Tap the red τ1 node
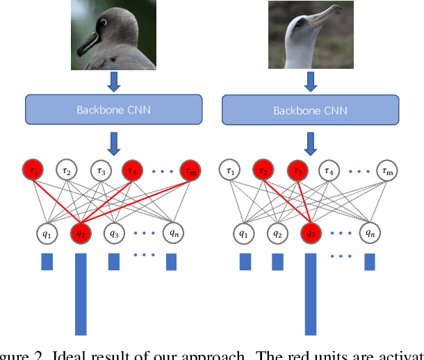click(x=33, y=170)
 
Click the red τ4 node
click(x=133, y=170)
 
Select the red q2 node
click(x=79, y=234)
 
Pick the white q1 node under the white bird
click(x=244, y=234)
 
